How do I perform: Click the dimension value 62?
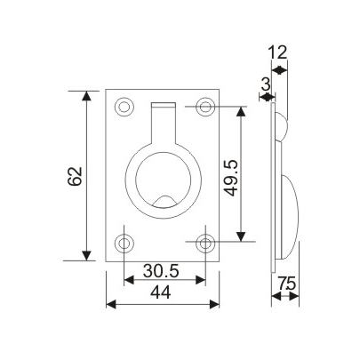[x=73, y=175]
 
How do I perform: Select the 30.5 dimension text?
[x=164, y=268]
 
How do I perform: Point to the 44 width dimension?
[x=163, y=292]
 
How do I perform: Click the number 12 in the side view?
[x=279, y=52]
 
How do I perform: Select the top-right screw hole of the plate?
[x=206, y=108]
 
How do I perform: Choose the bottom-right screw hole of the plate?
[x=206, y=242]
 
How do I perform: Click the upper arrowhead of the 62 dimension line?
[x=87, y=95]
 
